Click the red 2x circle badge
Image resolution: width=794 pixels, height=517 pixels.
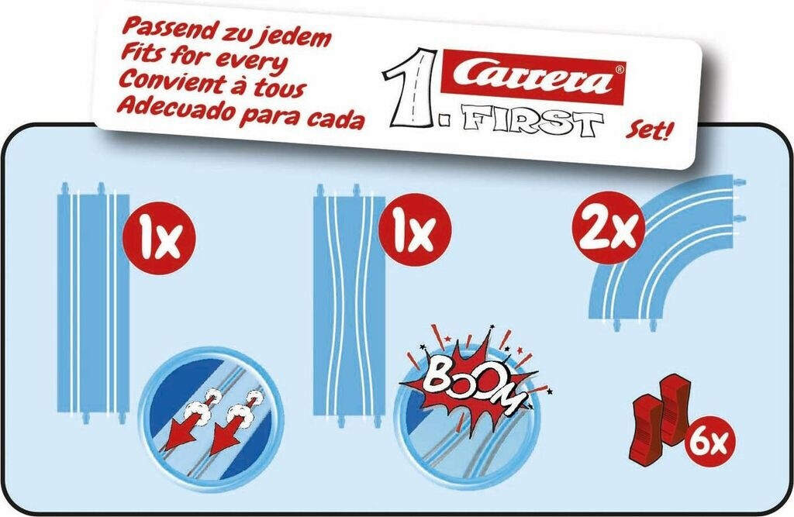pos(609,227)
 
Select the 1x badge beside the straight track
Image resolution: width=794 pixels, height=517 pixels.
pos(160,238)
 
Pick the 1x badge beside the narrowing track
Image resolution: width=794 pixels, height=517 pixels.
pos(415,230)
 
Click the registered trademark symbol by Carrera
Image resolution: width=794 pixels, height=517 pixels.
pos(620,68)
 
